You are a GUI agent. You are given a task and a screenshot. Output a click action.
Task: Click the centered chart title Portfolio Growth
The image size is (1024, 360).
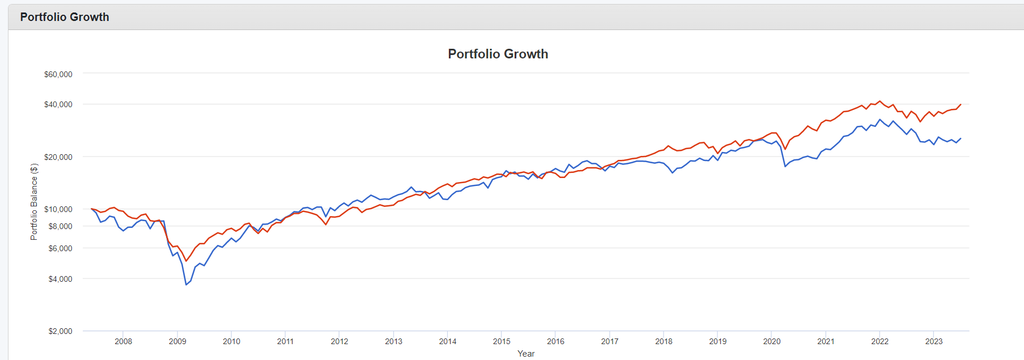(498, 54)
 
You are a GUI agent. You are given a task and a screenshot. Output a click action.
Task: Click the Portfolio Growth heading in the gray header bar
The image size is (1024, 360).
(65, 17)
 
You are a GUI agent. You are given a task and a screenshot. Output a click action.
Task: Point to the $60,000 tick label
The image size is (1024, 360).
(58, 74)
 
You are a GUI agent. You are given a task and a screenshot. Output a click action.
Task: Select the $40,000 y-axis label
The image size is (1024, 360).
(58, 104)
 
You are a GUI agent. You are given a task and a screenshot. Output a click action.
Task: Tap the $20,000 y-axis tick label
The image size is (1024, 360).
(58, 157)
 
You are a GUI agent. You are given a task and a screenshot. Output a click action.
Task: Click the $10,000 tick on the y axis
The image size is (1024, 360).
(58, 209)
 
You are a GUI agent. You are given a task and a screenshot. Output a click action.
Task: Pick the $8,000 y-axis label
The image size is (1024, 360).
(60, 226)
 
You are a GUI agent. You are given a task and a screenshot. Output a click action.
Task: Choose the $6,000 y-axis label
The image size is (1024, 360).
(60, 248)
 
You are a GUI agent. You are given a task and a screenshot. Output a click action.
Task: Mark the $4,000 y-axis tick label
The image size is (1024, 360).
(60, 279)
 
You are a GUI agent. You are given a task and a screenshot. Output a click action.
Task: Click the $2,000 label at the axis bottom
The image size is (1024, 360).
(60, 331)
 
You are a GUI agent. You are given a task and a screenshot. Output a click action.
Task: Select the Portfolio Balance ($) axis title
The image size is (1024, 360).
(34, 202)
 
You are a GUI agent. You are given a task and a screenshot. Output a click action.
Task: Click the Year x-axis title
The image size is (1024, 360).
(526, 354)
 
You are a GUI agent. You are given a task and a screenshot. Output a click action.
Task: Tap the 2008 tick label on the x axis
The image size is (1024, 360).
(124, 341)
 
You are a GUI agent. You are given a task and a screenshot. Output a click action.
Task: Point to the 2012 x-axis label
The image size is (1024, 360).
(339, 341)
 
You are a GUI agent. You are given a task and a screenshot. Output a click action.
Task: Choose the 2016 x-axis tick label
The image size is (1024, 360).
(555, 341)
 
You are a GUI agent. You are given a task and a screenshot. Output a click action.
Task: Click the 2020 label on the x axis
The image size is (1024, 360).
(772, 341)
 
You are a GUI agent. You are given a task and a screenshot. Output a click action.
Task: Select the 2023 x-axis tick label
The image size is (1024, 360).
(934, 341)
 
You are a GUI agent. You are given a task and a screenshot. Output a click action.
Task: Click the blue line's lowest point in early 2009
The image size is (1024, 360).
(186, 285)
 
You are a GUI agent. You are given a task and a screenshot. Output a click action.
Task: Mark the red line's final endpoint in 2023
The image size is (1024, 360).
(961, 104)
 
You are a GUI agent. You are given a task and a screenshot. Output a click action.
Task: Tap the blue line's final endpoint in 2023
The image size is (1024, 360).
(961, 138)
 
